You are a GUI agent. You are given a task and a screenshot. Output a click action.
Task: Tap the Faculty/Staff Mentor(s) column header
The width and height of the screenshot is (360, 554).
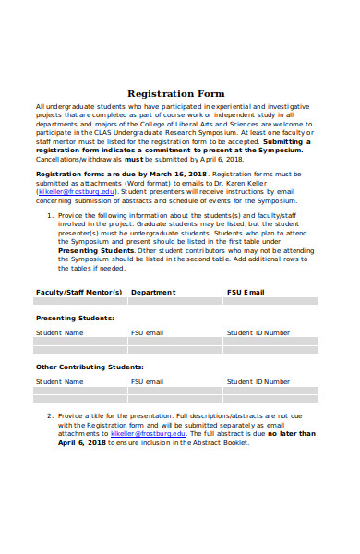click(78, 292)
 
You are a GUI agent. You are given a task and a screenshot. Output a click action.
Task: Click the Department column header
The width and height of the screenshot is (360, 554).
click(153, 292)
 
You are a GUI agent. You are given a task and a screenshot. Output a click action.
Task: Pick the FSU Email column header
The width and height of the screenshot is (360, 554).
click(246, 292)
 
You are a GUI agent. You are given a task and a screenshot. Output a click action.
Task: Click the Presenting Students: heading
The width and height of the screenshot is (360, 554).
click(75, 317)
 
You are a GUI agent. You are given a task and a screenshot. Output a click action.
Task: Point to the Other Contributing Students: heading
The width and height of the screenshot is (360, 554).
click(89, 367)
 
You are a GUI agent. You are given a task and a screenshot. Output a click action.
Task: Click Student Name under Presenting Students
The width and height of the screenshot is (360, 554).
click(59, 331)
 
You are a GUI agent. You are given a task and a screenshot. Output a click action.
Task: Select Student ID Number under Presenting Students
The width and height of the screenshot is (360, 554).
click(258, 331)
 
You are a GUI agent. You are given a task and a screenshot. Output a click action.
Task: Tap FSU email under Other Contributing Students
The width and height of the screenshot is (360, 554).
click(147, 381)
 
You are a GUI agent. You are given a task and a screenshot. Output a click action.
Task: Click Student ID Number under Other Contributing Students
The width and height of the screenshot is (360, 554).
click(258, 381)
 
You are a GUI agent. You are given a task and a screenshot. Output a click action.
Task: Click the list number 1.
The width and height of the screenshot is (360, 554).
click(49, 217)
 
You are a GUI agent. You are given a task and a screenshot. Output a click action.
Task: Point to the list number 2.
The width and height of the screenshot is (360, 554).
click(49, 415)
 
